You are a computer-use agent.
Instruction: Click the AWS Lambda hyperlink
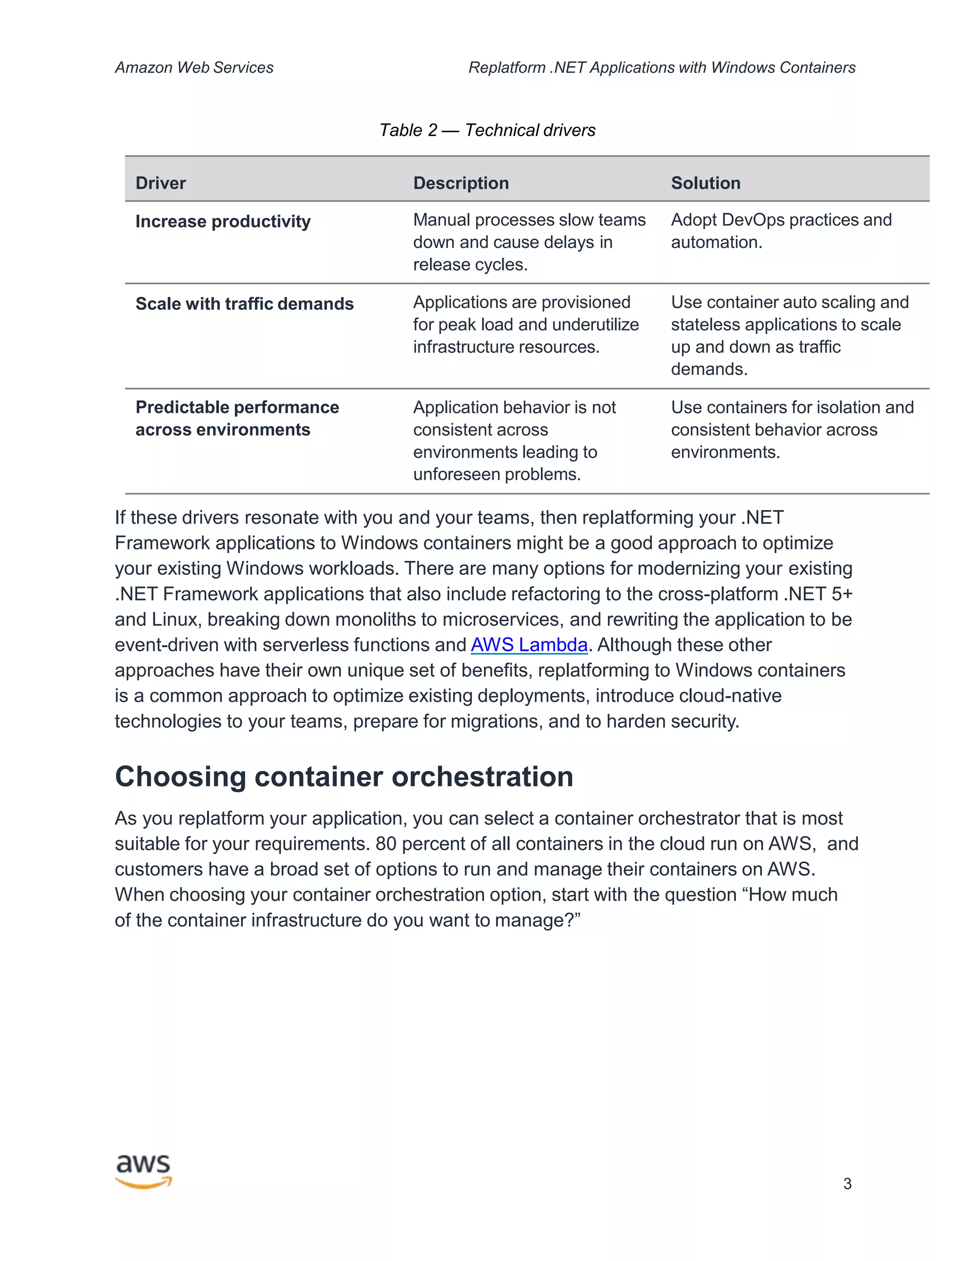[x=528, y=645]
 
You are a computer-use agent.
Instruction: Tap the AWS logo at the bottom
[x=143, y=1172]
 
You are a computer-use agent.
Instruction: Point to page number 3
[x=847, y=1183]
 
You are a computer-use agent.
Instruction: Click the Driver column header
[x=160, y=183]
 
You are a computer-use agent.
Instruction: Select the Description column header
[x=460, y=183]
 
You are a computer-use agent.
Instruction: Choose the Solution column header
[x=705, y=183]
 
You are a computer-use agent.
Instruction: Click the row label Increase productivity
[x=223, y=221]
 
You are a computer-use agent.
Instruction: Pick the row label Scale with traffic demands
[x=244, y=304]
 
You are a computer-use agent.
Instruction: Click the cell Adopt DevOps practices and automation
[x=781, y=231]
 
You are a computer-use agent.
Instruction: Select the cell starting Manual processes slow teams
[x=528, y=242]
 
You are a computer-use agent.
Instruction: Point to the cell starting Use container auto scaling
[x=789, y=335]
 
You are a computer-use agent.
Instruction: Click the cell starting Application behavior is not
[x=514, y=441]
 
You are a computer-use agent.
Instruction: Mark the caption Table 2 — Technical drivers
[x=487, y=130]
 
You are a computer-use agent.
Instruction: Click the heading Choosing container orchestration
[x=344, y=776]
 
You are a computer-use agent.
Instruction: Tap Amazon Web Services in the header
[x=194, y=68]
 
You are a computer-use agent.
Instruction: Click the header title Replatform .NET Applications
[x=661, y=68]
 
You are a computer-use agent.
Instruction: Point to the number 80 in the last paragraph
[x=386, y=844]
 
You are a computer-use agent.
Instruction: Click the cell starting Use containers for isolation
[x=792, y=430]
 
